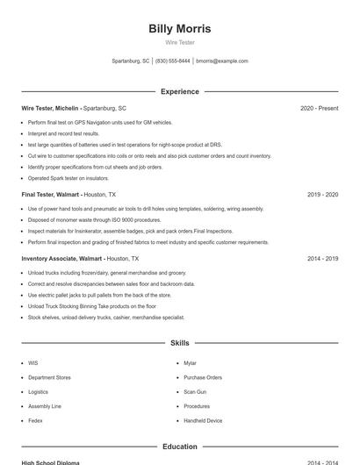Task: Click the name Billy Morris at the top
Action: (179, 29)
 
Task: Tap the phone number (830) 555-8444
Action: (173, 61)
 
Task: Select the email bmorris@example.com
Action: (222, 61)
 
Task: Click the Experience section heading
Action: (179, 91)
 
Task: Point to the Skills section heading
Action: (179, 343)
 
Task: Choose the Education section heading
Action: (179, 447)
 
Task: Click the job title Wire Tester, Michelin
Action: (50, 108)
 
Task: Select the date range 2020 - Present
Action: (319, 108)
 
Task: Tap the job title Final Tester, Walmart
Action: (50, 194)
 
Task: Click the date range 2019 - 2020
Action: (322, 194)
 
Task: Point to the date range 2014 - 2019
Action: (322, 259)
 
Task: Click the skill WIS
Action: (33, 362)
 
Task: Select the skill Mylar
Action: (190, 362)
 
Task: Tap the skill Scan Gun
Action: (195, 391)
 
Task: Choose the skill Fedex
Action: (35, 420)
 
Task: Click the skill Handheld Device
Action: (203, 420)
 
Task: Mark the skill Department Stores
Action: (49, 377)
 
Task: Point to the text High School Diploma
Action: (50, 462)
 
